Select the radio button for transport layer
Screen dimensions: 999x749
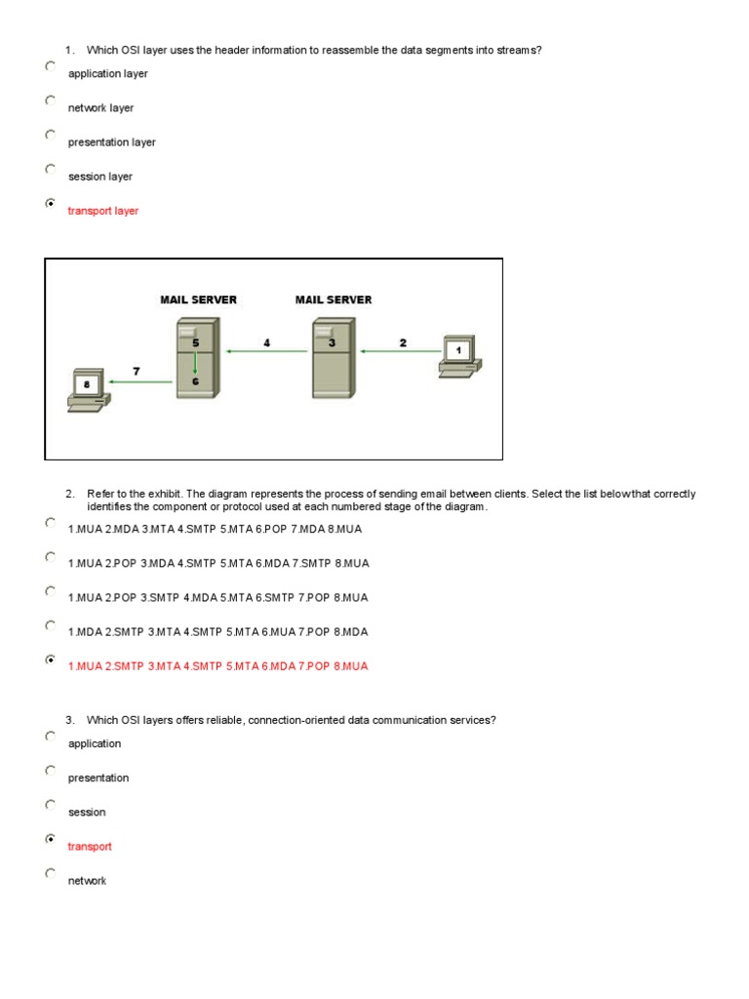(51, 204)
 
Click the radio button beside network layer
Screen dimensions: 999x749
(51, 100)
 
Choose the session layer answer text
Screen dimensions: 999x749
(99, 177)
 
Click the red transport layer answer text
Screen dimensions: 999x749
(102, 211)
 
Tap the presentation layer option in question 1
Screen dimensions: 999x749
(111, 142)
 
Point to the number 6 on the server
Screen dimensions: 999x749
(195, 381)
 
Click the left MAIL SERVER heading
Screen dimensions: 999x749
(198, 300)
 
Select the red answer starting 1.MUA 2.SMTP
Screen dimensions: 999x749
(217, 666)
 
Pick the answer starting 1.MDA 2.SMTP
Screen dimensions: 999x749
(217, 632)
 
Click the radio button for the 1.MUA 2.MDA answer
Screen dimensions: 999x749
(51, 522)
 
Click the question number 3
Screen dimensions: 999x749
(70, 720)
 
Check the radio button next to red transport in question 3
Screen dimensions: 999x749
(51, 839)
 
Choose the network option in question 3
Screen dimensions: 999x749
(87, 881)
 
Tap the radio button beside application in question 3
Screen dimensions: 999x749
(51, 737)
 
